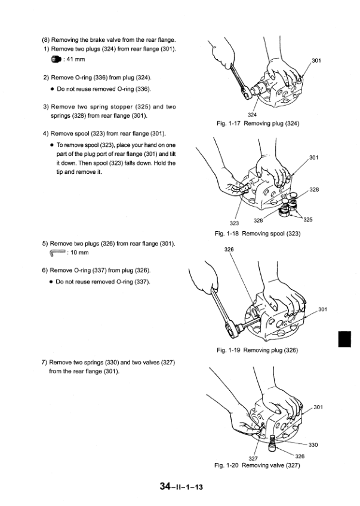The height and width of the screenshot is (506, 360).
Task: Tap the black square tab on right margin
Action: pos(343,339)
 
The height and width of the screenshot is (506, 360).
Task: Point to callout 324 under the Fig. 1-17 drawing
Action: pos(252,115)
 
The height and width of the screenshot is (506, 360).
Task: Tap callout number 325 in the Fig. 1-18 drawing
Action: pos(308,220)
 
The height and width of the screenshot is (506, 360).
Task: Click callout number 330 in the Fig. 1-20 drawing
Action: pos(313,444)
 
